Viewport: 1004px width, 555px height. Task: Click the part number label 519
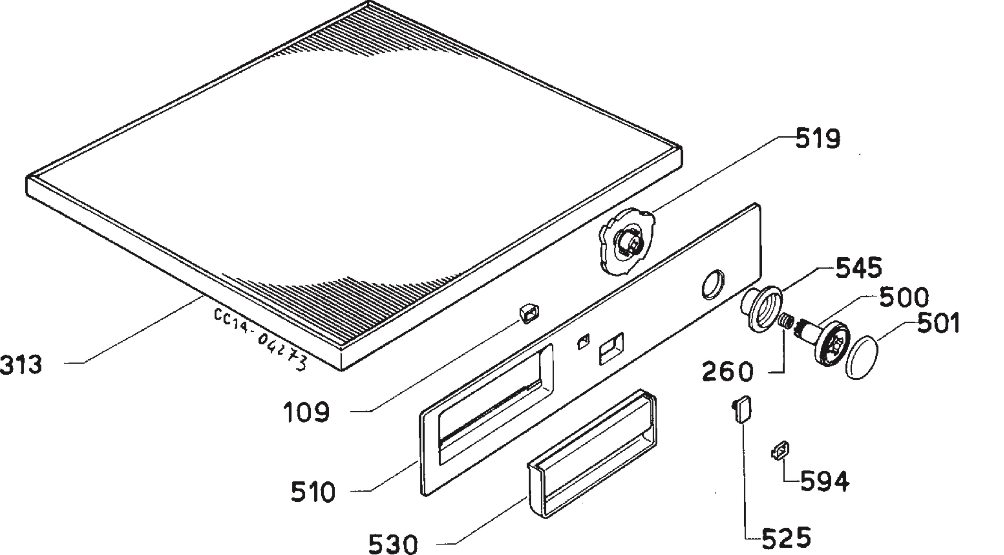pyautogui.click(x=817, y=139)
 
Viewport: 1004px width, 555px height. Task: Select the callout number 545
pyautogui.click(x=859, y=268)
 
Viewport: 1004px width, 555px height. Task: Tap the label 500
pyautogui.click(x=904, y=297)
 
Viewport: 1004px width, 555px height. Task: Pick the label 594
pyautogui.click(x=825, y=481)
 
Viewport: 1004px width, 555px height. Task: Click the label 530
pyautogui.click(x=393, y=543)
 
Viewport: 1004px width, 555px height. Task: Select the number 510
pyautogui.click(x=313, y=492)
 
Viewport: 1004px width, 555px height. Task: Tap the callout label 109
pyautogui.click(x=307, y=412)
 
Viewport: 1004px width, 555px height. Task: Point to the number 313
pyautogui.click(x=21, y=364)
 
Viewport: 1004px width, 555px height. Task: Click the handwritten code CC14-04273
pyautogui.click(x=260, y=339)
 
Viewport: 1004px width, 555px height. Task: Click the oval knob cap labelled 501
pyautogui.click(x=861, y=357)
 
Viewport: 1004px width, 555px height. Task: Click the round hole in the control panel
pyautogui.click(x=712, y=284)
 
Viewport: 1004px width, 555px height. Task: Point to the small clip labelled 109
pyautogui.click(x=529, y=314)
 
